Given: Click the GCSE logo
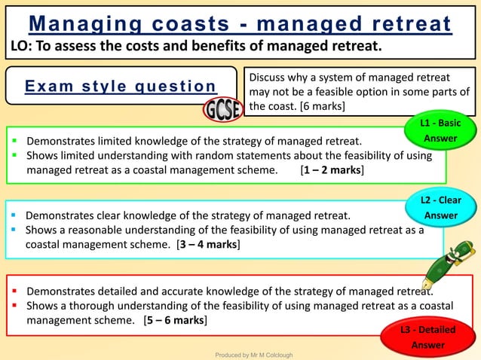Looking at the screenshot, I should pos(222,111).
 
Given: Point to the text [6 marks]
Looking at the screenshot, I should pos(323,106).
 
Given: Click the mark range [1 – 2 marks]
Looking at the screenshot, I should pos(332,170).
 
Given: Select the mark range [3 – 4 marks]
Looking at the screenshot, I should pos(208,244).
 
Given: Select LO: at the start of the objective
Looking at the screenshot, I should pos(20,47).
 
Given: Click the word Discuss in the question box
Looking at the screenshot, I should pos(269,78).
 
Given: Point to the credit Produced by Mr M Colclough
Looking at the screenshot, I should pos(254,355).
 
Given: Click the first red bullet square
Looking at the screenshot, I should pos(14,290).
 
